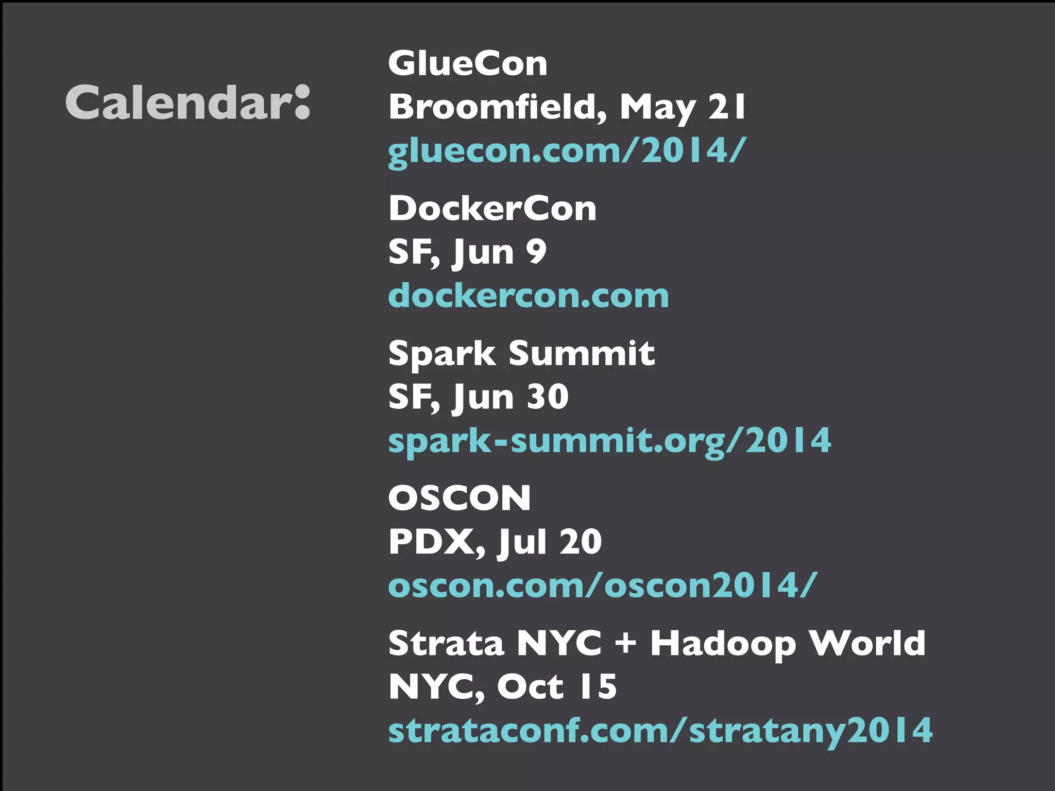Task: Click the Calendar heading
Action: point(188,102)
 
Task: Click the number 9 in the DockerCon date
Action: point(536,252)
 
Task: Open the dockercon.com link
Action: point(529,296)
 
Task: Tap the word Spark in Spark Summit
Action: point(442,354)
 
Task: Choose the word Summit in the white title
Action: point(582,354)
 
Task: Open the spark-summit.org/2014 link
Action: point(609,441)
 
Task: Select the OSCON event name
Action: point(460,498)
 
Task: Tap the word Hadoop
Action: point(723,644)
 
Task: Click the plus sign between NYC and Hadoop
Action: point(625,644)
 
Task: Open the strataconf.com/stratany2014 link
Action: point(660,731)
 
